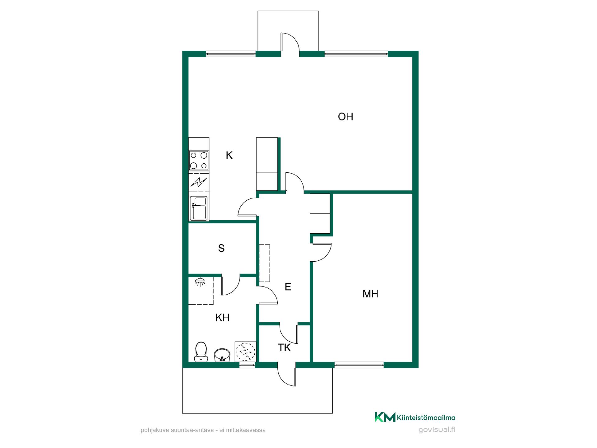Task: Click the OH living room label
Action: point(345,117)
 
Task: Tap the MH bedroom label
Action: point(370,294)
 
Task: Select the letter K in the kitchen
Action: point(229,155)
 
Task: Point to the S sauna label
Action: point(221,248)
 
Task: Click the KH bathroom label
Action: point(222,318)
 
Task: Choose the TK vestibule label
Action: point(284,348)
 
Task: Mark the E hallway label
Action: point(288,287)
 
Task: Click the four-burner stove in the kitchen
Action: point(199,161)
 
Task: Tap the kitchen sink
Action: point(198,208)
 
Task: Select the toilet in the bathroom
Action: point(201,352)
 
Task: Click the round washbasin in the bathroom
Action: point(222,355)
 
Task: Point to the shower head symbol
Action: point(200,282)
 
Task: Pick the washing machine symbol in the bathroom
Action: point(245,352)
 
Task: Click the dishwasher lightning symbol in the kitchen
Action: point(198,182)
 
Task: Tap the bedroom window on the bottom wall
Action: point(359,365)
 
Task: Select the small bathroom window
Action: point(247,365)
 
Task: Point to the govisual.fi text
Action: point(437,430)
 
